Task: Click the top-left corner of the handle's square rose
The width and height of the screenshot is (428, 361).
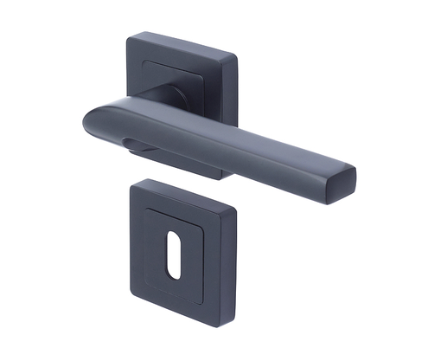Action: pos(130,37)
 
